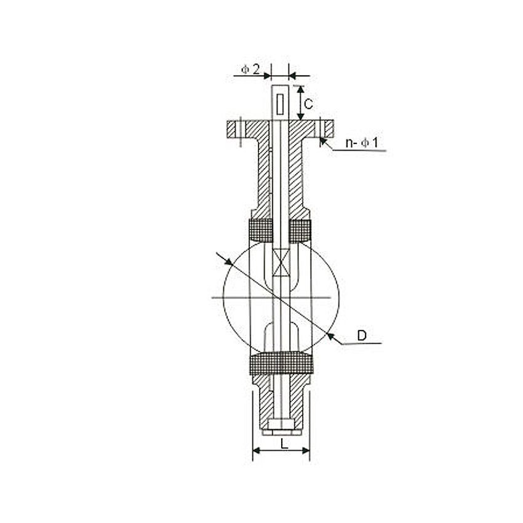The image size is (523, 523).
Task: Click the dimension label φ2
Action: [250, 69]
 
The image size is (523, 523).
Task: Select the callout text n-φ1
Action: [363, 143]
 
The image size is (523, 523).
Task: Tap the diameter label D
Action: [362, 335]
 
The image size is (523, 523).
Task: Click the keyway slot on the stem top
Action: [280, 104]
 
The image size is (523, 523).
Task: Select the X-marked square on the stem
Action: [281, 262]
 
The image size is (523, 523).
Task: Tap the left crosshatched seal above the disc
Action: [260, 231]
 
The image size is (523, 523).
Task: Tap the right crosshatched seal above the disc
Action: [300, 231]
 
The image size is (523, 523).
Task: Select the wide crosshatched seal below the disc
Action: [281, 364]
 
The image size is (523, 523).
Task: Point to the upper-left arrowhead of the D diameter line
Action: [228, 261]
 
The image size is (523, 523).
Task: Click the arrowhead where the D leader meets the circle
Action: [330, 335]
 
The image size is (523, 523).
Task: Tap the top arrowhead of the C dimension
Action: [301, 89]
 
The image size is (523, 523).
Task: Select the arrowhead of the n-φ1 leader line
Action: [322, 143]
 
